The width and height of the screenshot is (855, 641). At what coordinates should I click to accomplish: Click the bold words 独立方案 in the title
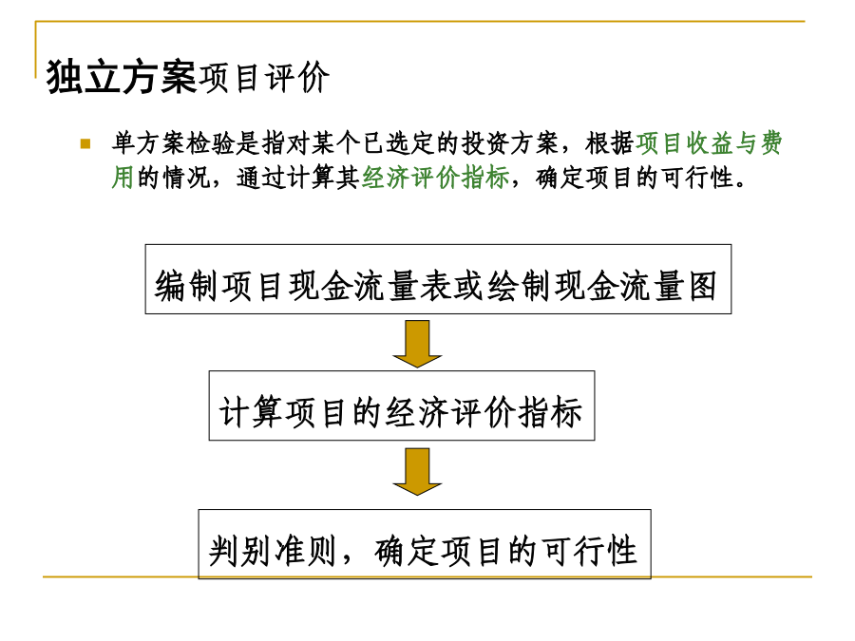(x=121, y=78)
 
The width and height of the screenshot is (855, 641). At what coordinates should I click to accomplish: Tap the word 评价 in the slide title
(x=297, y=78)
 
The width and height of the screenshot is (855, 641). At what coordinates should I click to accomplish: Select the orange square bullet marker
(x=85, y=144)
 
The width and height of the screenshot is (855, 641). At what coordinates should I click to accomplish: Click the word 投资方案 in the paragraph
(x=510, y=143)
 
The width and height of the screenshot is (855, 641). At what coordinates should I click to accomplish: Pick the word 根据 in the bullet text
(x=610, y=143)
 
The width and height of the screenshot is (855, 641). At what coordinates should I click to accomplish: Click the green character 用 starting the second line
(x=123, y=178)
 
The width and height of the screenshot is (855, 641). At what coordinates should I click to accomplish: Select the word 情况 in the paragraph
(x=186, y=178)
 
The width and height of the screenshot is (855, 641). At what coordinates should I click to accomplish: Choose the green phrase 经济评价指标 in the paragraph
(x=436, y=178)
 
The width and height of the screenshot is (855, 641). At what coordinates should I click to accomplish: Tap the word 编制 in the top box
(x=186, y=286)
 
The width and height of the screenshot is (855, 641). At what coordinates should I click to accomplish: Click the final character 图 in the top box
(x=702, y=286)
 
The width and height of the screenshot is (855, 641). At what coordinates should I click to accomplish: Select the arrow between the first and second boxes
(x=417, y=344)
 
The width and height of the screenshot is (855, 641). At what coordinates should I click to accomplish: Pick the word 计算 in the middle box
(x=250, y=412)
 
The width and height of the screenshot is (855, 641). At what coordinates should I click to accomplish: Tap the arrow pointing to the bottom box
(x=417, y=471)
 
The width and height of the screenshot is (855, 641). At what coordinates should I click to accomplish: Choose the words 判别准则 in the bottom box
(x=272, y=551)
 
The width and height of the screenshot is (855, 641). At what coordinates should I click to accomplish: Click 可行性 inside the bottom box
(x=590, y=551)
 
